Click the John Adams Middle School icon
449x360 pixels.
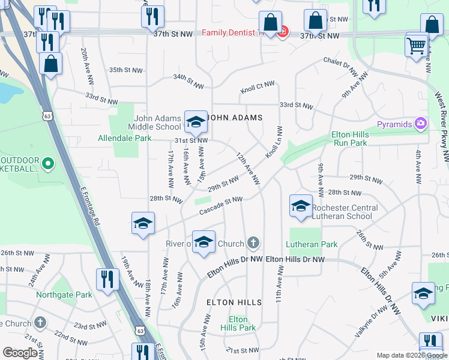pyautogui.click(x=195, y=122)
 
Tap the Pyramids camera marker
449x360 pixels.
pyautogui.click(x=421, y=124)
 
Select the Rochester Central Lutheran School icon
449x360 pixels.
pyautogui.click(x=301, y=206)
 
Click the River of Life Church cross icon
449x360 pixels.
pyautogui.click(x=253, y=243)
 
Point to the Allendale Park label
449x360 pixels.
pyautogui.click(x=125, y=138)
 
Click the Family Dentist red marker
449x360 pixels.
pyautogui.click(x=282, y=32)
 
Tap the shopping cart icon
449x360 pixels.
pyautogui.click(x=416, y=45)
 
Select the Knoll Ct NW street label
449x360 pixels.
pyautogui.click(x=258, y=88)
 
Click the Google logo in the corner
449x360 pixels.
pyautogui.click(x=20, y=353)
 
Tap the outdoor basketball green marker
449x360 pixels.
pyautogui.click(x=47, y=162)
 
